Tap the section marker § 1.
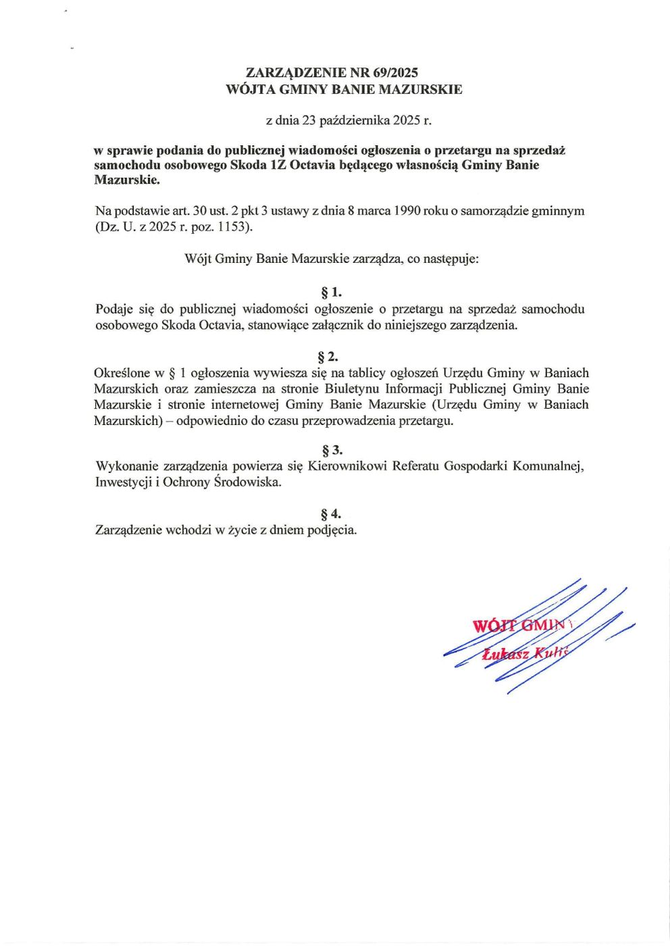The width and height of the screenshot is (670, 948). [332, 293]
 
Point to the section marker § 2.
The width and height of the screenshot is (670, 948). [328, 357]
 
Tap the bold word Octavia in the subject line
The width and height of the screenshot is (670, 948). [311, 166]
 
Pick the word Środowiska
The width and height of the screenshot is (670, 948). [247, 482]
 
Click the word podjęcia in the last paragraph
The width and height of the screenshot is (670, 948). [332, 530]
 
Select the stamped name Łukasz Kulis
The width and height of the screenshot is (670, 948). [526, 653]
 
